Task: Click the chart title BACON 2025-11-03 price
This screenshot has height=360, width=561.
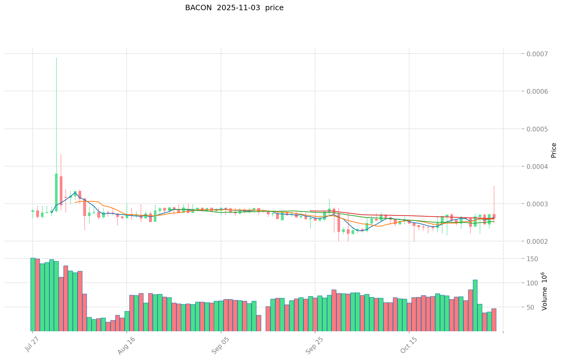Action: (234, 8)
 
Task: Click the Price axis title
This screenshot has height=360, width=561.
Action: (554, 150)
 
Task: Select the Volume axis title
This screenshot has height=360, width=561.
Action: (545, 291)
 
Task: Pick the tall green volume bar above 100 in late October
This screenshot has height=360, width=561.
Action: (475, 305)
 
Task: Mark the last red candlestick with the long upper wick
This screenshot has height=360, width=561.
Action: (494, 216)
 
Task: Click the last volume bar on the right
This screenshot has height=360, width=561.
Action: (494, 320)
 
